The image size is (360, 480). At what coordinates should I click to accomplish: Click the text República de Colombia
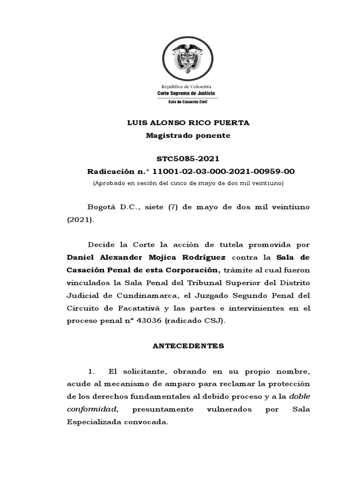point(186,87)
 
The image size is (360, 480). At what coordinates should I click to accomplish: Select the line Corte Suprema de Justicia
point(186,93)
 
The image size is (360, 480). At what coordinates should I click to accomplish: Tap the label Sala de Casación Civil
point(186,102)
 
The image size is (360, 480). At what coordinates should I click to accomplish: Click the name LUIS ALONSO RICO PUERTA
point(189,123)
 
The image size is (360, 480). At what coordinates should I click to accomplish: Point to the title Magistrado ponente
point(188,135)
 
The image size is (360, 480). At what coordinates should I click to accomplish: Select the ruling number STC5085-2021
point(188,159)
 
